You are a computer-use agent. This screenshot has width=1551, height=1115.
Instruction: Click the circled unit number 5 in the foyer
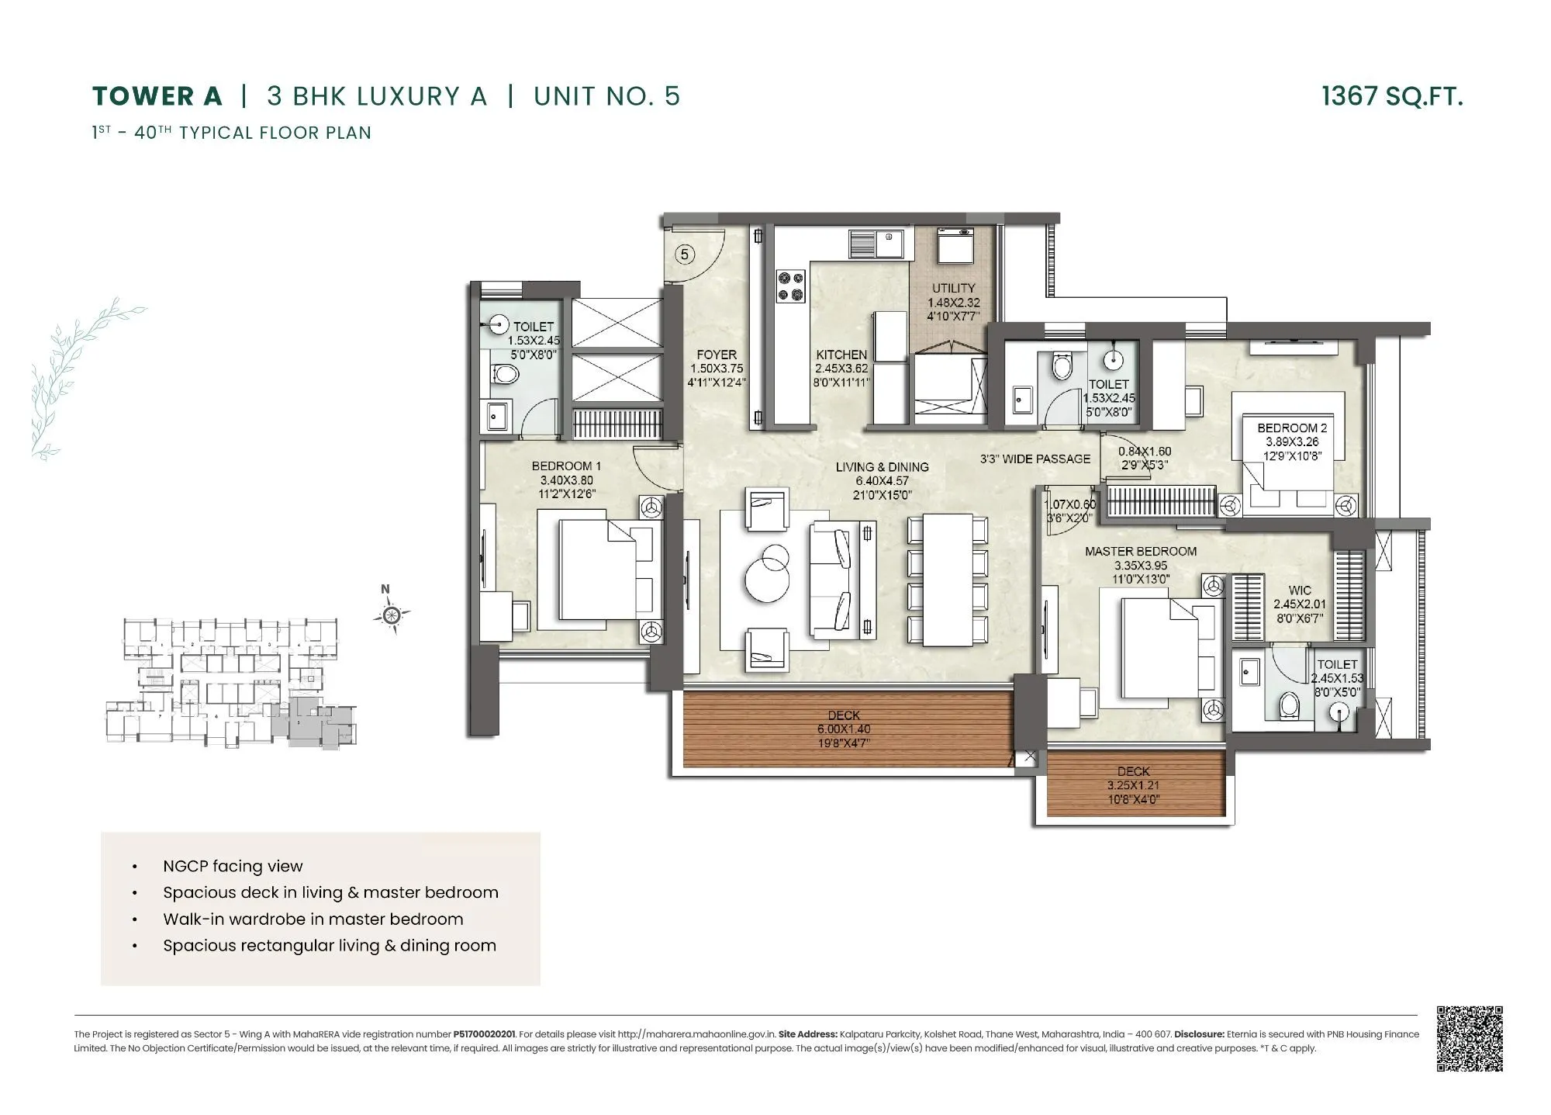point(684,254)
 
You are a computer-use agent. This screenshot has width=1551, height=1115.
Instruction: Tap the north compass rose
point(392,615)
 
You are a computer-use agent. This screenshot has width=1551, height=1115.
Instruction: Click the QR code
point(1470,1039)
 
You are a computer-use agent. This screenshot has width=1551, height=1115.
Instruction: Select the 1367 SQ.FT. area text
point(1392,96)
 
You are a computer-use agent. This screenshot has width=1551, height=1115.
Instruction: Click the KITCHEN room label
point(841,355)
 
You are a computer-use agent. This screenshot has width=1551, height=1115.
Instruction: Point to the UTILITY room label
point(953,289)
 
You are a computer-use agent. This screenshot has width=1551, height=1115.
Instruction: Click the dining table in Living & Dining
point(947,580)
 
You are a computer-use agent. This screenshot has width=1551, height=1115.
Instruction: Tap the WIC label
point(1300,590)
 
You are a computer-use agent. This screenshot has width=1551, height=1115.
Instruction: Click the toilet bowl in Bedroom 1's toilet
point(506,376)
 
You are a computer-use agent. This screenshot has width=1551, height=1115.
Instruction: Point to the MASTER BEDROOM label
point(1140,552)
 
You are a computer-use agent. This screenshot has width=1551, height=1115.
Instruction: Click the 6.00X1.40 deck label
point(844,729)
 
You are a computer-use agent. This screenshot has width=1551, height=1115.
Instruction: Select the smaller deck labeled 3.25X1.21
point(1135,785)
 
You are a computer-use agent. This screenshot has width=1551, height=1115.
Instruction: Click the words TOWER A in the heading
point(157,96)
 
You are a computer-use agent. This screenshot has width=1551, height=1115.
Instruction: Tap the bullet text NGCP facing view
point(233,866)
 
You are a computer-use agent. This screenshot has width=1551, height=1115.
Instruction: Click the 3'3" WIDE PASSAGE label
point(1035,459)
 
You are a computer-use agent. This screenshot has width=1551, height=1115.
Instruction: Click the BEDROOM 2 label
point(1291,428)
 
